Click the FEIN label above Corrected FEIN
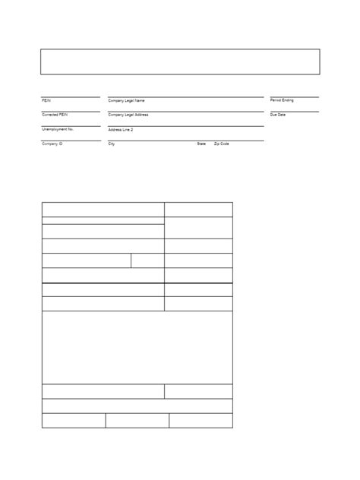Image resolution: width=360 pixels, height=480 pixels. click(x=46, y=100)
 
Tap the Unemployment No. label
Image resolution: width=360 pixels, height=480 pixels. click(x=58, y=129)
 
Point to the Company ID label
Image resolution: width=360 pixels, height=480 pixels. click(x=52, y=144)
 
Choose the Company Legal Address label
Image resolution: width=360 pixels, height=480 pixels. click(x=128, y=115)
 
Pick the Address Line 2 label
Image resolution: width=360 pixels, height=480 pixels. click(x=121, y=129)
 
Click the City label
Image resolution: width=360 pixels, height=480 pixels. click(x=112, y=144)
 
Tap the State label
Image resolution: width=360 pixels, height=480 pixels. click(x=201, y=144)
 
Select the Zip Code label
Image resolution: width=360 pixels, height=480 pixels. click(x=221, y=144)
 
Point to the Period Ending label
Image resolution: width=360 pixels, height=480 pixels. click(x=282, y=100)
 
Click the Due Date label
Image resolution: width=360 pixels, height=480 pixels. click(x=277, y=115)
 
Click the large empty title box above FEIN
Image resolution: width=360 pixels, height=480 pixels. click(x=179, y=62)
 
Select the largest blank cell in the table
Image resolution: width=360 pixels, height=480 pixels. click(x=137, y=347)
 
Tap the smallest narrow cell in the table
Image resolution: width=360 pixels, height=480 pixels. click(x=147, y=261)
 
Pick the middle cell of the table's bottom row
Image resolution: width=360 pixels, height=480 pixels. click(x=137, y=421)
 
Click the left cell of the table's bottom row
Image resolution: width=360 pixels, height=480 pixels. click(x=74, y=421)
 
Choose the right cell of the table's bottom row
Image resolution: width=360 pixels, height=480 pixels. click(x=201, y=421)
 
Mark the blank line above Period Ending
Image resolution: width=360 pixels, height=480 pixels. click(x=294, y=95)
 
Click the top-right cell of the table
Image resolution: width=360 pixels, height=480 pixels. click(x=198, y=210)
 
